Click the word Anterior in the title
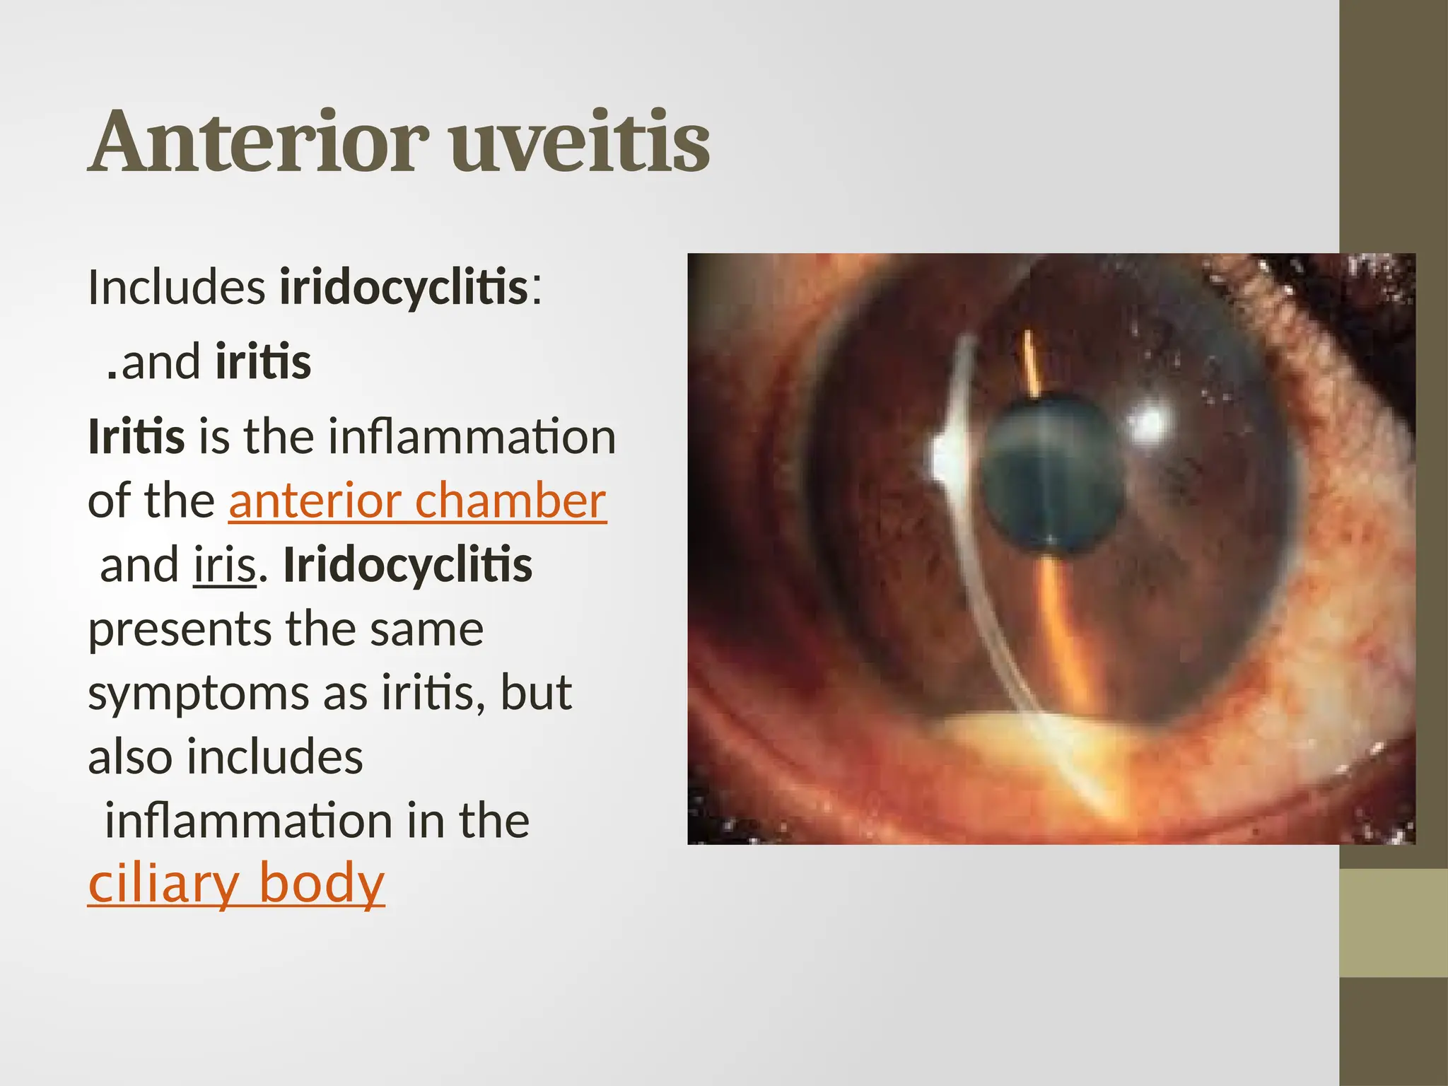pos(259,141)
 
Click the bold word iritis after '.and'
pos(263,361)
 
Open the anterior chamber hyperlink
pos(417,501)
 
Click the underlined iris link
pos(224,566)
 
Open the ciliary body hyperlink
pos(236,883)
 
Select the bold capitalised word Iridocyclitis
pos(408,566)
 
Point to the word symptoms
pos(199,694)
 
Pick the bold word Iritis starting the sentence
pos(136,436)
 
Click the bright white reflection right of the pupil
pos(1149,424)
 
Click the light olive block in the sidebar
pos(1394,923)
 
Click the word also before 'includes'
pos(130,757)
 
